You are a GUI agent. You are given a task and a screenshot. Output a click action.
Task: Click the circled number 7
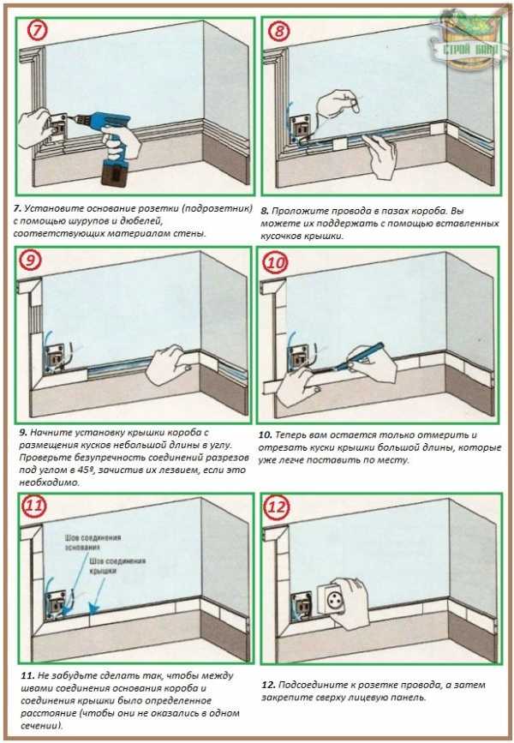38,30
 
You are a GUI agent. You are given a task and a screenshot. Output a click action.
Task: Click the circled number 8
278,31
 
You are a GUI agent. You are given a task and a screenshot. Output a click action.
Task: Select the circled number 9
30,261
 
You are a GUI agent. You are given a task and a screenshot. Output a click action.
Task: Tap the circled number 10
275,262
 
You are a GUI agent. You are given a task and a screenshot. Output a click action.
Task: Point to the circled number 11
34,506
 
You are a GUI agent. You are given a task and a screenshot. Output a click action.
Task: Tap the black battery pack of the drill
114,173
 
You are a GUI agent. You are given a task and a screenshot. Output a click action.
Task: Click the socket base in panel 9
56,357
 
